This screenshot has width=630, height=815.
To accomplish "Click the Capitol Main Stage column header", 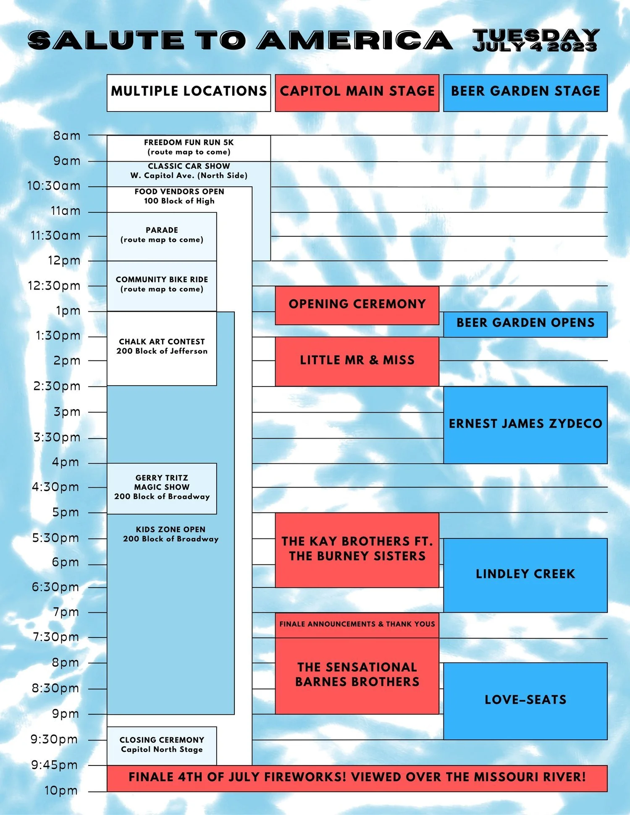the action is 357,93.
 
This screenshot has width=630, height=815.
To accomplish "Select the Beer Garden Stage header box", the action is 525,93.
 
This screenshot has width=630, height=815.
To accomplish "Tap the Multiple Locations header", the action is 189,93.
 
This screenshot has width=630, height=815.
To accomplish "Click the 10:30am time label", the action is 54,186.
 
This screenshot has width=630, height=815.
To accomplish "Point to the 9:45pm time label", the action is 55,765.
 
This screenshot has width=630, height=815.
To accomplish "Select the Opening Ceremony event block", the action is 357,305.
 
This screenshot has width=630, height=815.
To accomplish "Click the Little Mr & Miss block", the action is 357,361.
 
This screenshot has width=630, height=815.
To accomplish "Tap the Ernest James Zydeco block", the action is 525,424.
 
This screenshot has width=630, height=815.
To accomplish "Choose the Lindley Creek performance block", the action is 525,575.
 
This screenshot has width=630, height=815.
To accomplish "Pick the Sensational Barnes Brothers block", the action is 357,675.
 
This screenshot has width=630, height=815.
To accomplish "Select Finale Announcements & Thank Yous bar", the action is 357,624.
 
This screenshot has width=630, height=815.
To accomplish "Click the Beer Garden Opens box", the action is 525,324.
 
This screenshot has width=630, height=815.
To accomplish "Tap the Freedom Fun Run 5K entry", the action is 189,147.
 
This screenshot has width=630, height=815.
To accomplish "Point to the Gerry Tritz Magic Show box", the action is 162,488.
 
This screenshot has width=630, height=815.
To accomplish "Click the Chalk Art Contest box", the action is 162,347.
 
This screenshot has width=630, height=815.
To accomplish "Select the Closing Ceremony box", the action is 162,745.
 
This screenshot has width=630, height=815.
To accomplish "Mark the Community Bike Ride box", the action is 162,285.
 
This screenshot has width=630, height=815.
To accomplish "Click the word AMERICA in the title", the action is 355,41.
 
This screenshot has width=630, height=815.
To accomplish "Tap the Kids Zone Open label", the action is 171,534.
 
